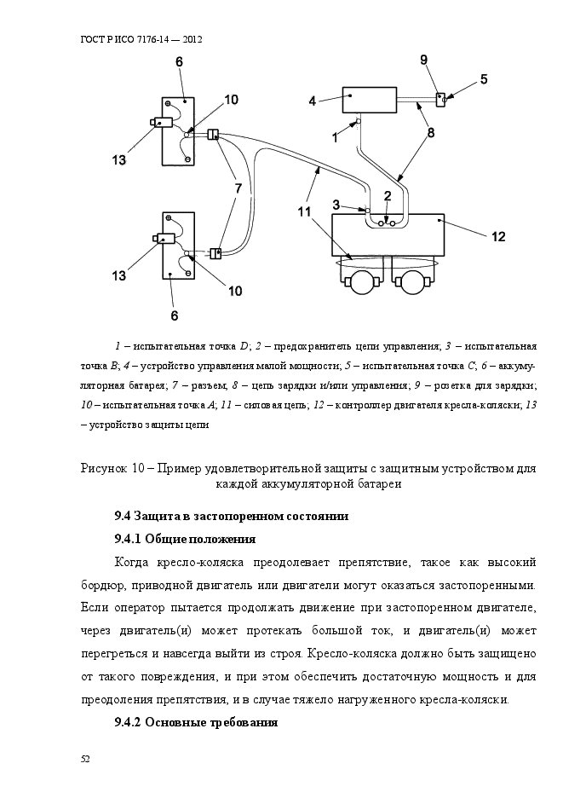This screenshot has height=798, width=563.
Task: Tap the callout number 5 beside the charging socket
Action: click(483, 79)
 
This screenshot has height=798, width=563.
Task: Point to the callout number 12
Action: click(499, 236)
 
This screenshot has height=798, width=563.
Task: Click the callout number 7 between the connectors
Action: click(238, 187)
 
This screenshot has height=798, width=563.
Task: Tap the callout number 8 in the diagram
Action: click(431, 133)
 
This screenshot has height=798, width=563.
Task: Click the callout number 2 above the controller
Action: click(388, 195)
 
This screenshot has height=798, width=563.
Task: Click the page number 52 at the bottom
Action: click(85, 758)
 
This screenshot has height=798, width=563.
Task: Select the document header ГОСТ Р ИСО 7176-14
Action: click(141, 39)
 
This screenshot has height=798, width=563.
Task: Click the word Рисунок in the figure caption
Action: click(105, 468)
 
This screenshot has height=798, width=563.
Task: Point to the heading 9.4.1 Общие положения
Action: click(185, 539)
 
